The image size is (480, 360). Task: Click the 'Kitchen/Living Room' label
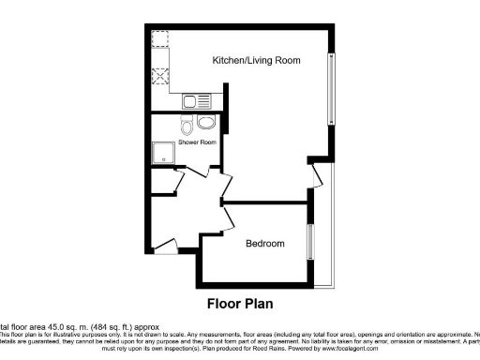[x=256, y=60]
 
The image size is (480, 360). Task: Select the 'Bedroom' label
[x=264, y=244]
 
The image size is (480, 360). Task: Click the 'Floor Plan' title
[x=244, y=305]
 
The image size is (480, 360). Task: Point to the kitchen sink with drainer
[x=198, y=100]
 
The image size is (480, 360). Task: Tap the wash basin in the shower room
[x=206, y=122]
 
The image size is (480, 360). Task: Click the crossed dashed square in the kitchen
[x=161, y=79]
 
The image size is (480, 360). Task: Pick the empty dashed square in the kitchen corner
[x=160, y=40]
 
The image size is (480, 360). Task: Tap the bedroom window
[x=308, y=242]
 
